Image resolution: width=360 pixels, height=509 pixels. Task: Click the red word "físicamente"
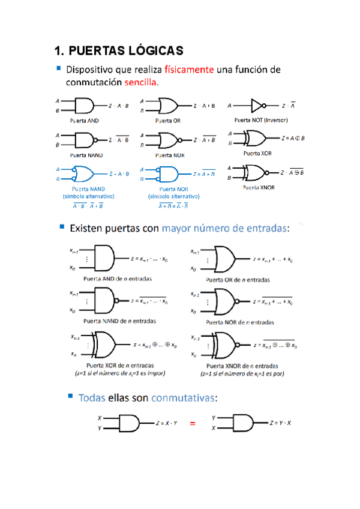pyautogui.click(x=189, y=70)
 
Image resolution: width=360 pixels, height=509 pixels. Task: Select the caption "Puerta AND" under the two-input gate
pyautogui.click(x=85, y=120)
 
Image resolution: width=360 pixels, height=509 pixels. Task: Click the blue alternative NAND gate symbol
pyautogui.click(x=83, y=174)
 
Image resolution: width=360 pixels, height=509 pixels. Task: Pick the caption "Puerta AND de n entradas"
pyautogui.click(x=118, y=279)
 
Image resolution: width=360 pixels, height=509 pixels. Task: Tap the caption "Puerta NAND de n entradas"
pyautogui.click(x=119, y=321)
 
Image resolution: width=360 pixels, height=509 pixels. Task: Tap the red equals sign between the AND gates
pyautogui.click(x=193, y=424)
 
